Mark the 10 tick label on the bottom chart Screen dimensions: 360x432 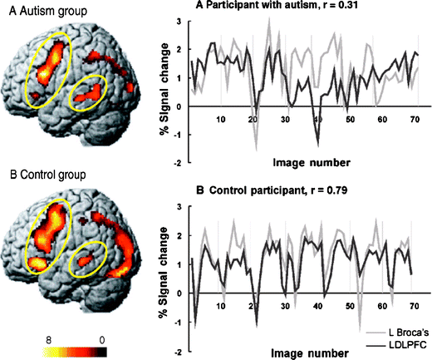(221, 306)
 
